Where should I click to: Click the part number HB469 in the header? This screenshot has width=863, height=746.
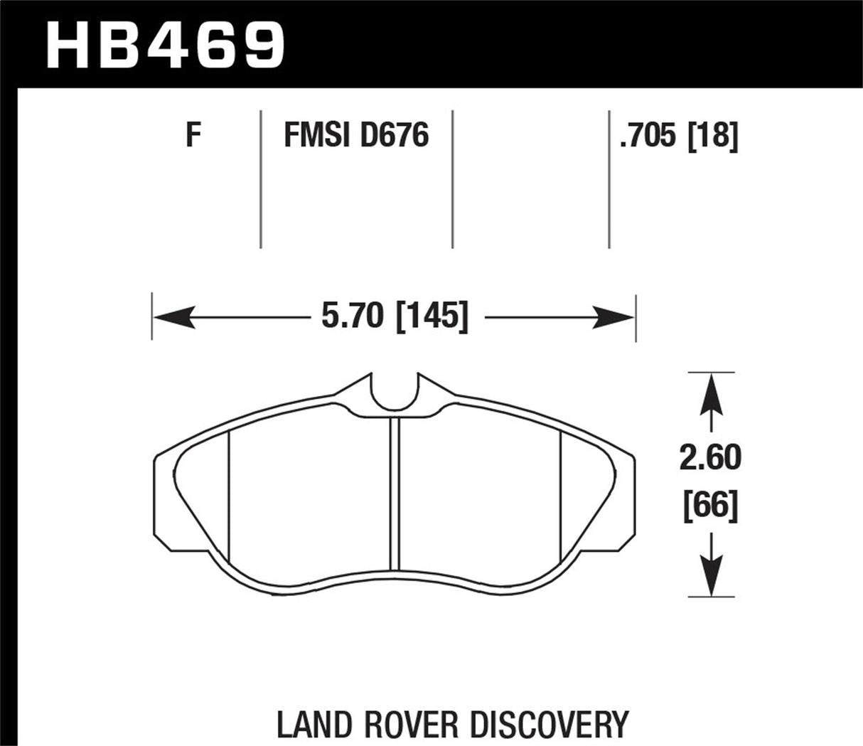[165, 44]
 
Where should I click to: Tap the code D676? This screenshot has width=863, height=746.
[395, 135]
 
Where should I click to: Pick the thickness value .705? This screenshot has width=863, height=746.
[647, 135]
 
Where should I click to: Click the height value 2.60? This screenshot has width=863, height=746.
[710, 459]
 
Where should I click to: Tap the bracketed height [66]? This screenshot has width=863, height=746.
[710, 506]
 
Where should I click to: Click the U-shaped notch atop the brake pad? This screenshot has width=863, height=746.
[395, 393]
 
